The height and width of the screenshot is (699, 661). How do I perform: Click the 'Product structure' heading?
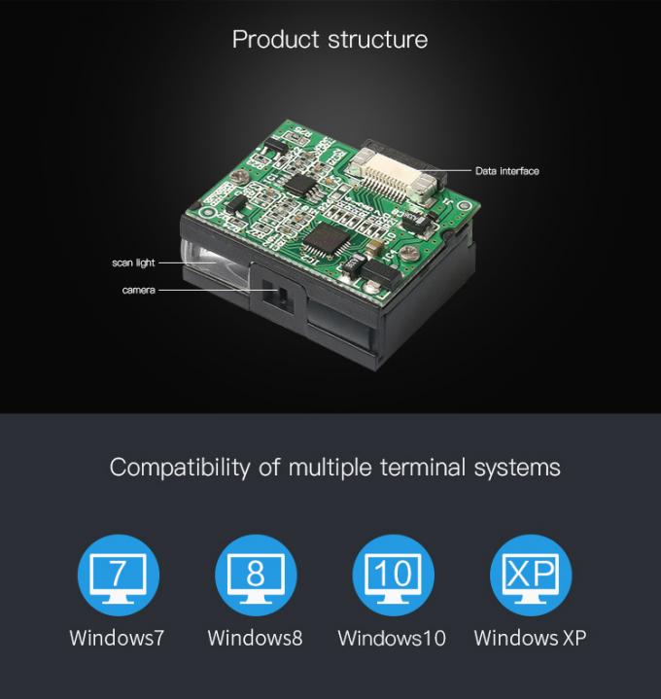click(x=330, y=40)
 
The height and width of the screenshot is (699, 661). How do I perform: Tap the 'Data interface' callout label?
click(x=506, y=171)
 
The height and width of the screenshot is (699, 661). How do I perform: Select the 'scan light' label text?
click(x=132, y=262)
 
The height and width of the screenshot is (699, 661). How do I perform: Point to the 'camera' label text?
click(x=138, y=290)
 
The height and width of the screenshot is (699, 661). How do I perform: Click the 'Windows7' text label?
click(x=117, y=639)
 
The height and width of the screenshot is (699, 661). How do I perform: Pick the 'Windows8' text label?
click(x=255, y=639)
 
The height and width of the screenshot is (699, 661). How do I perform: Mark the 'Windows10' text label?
click(x=392, y=639)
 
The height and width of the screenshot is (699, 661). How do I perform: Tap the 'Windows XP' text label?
click(x=530, y=639)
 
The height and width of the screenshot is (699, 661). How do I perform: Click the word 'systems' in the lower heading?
click(x=517, y=468)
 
